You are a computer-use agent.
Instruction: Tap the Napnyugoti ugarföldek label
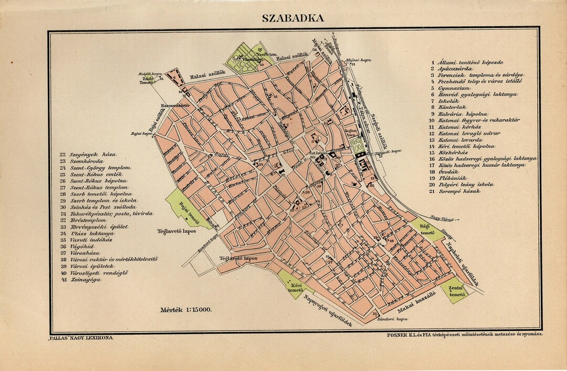pyautogui.click(x=326, y=311)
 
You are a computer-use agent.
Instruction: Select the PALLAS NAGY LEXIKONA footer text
pyautogui.click(x=80, y=339)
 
